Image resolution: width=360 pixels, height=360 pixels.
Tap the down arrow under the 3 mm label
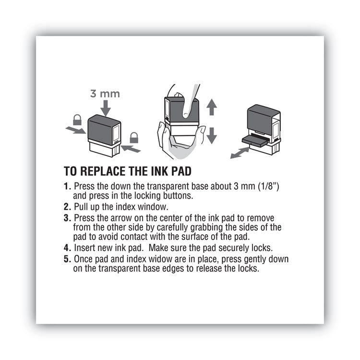point(105,108)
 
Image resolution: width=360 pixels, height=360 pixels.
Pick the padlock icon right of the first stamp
point(134,137)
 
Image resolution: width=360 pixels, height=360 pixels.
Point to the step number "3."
point(67,217)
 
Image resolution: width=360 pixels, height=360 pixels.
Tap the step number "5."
point(67,259)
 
